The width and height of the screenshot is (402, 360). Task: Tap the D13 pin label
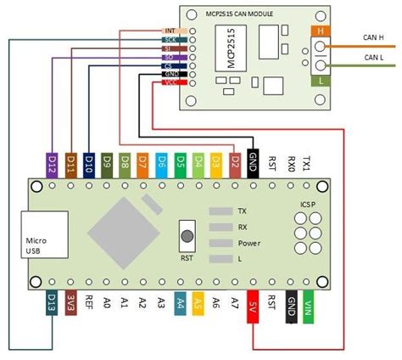(49, 303)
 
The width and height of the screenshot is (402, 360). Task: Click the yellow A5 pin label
(198, 303)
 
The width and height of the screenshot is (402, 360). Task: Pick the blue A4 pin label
(179, 303)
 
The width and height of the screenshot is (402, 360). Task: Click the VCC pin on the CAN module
(170, 83)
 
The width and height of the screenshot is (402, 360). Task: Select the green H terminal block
(321, 32)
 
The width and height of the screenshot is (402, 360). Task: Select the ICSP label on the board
(306, 204)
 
